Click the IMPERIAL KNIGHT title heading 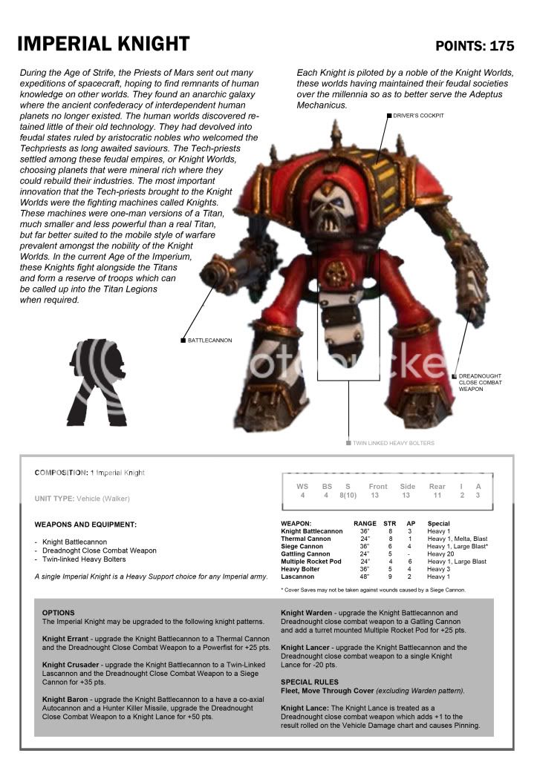point(103,44)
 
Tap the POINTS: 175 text point(475,46)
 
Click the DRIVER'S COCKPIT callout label point(418,116)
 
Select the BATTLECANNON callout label point(209,341)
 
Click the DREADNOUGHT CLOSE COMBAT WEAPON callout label point(480,383)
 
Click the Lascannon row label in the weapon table point(299,576)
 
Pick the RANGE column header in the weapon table point(365,524)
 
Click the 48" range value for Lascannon point(365,576)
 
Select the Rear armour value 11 point(437,495)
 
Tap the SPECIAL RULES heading point(310,682)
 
